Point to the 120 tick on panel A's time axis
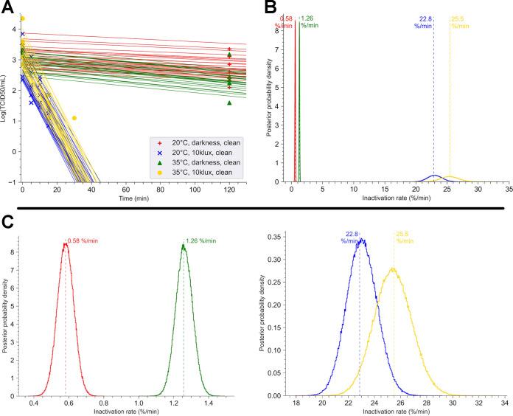click(x=229, y=190)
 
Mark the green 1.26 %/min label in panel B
click(x=310, y=21)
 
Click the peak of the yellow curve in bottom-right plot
click(x=394, y=268)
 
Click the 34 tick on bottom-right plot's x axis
click(x=503, y=403)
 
